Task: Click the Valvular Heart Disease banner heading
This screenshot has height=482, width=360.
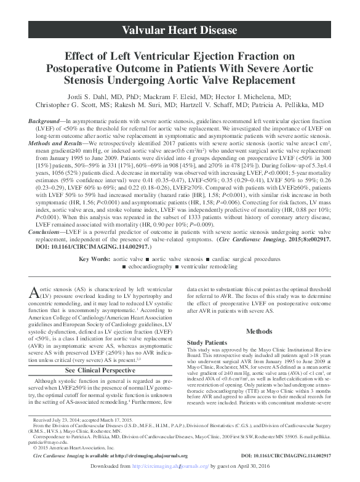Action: [179, 30]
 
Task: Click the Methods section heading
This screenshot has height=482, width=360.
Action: [258, 331]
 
